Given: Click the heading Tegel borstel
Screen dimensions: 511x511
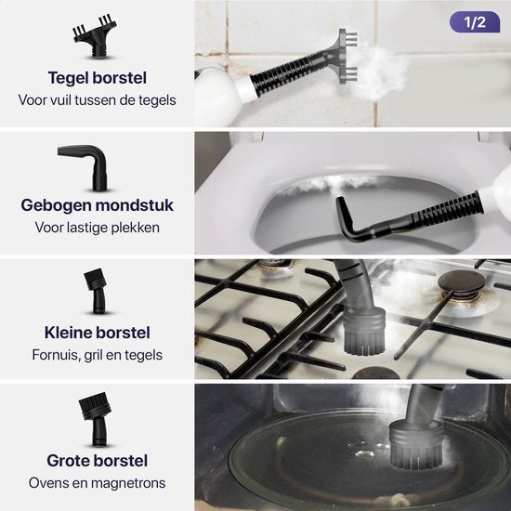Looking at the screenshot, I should point(97,78).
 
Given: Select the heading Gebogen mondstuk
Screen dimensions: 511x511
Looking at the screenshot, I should point(97,205).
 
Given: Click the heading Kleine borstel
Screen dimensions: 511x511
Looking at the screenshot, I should point(97,333).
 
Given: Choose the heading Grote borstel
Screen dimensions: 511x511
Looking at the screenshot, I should point(97,461).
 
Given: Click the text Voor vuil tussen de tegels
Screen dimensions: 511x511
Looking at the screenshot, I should point(97,99).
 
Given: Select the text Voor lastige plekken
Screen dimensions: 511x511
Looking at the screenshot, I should point(97,227).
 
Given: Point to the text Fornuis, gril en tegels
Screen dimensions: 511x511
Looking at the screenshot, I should point(97,354).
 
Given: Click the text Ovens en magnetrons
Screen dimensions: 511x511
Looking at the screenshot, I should point(97,482).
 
